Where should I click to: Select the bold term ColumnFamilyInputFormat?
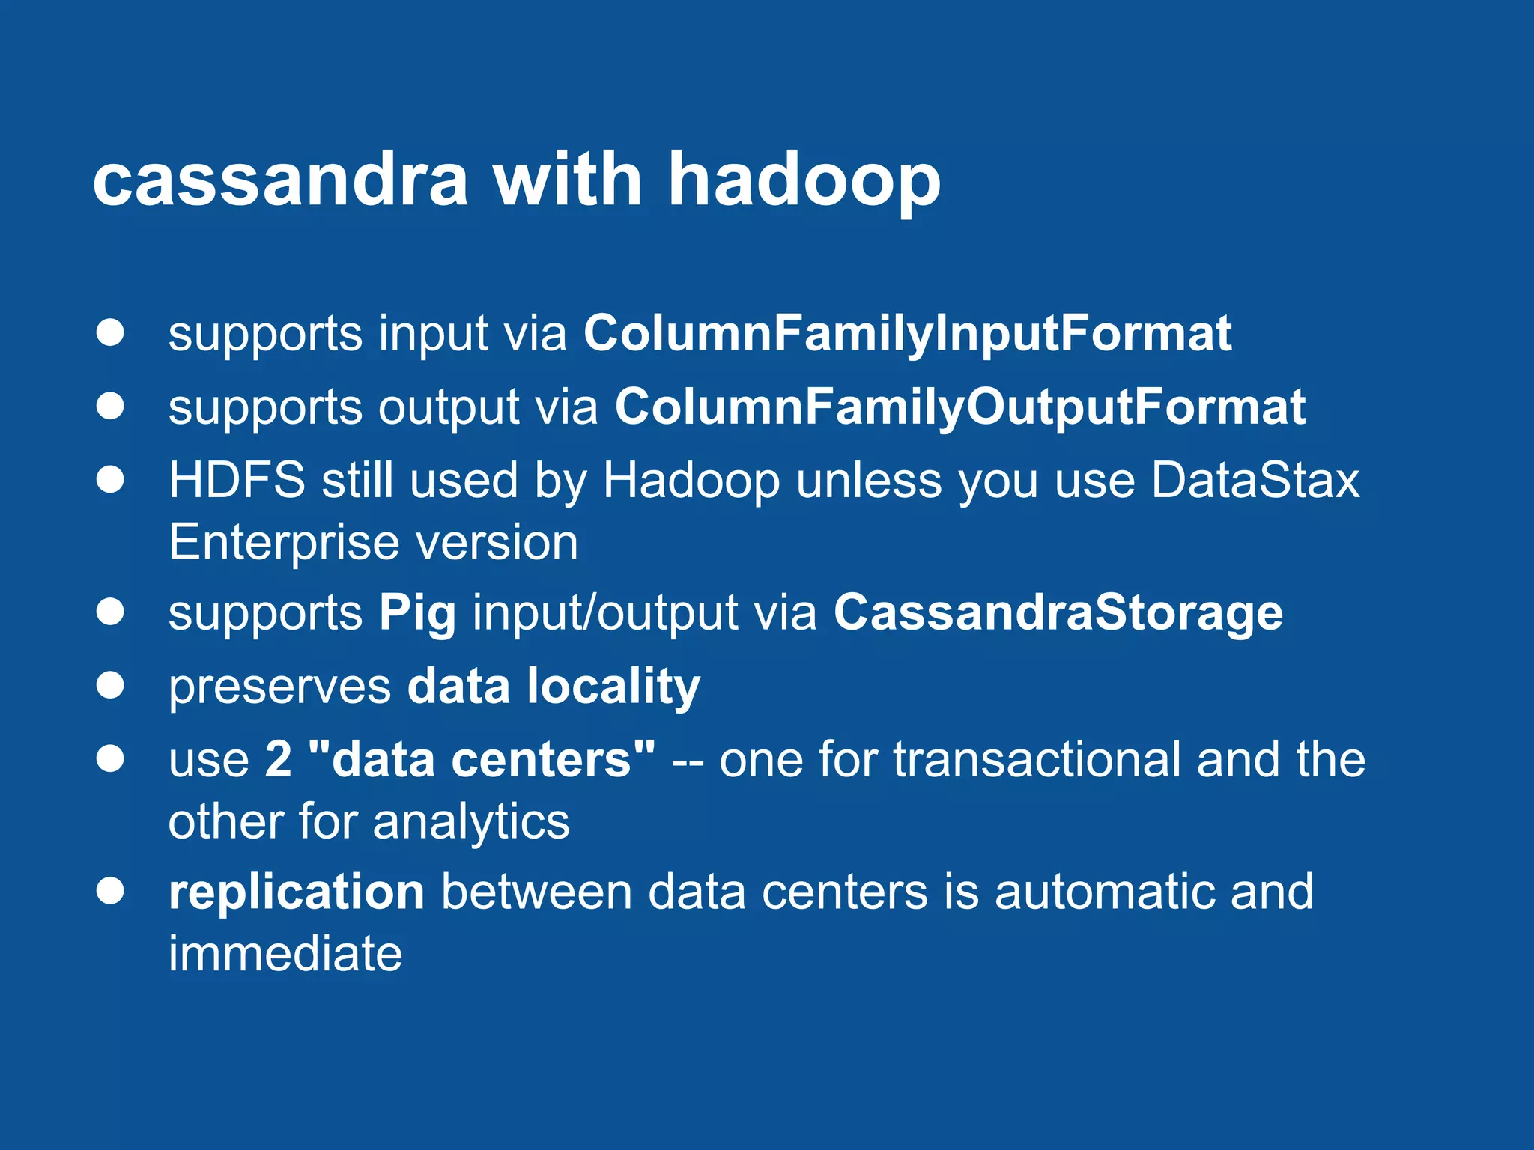click(x=907, y=333)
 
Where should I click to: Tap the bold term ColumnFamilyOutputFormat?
click(x=960, y=407)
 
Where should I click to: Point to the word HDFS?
click(x=237, y=480)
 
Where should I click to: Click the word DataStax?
click(x=1255, y=480)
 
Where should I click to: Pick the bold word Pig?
click(x=417, y=613)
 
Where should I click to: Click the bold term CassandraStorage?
click(x=1058, y=613)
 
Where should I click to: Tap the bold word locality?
click(x=613, y=686)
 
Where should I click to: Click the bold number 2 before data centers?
click(x=279, y=759)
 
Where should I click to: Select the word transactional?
click(x=1037, y=759)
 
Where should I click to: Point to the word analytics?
click(x=471, y=821)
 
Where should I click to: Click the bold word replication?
click(x=297, y=892)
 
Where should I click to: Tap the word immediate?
click(x=285, y=954)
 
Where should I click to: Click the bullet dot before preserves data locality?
click(x=110, y=685)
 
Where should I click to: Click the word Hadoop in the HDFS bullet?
click(x=691, y=480)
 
